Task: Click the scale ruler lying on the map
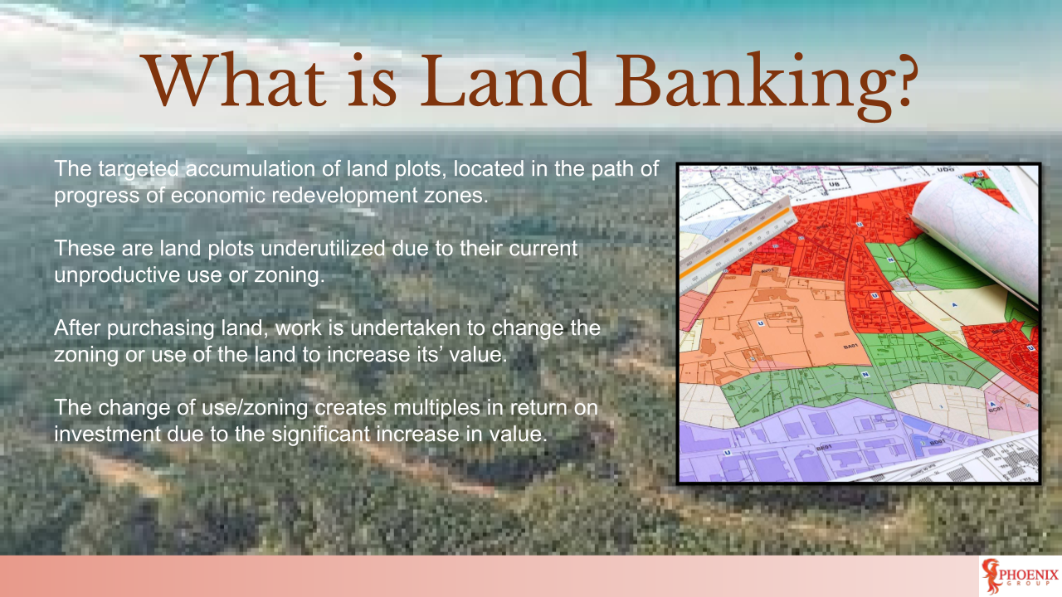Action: coord(738,240)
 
